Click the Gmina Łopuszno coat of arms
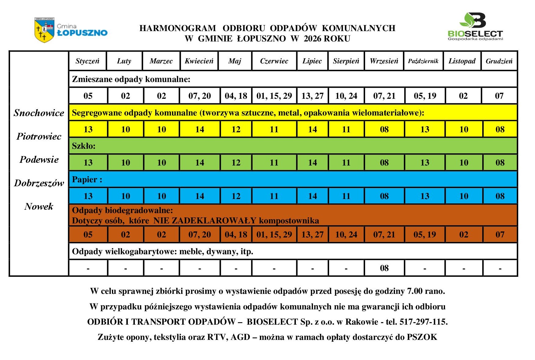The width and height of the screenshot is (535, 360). coord(44,30)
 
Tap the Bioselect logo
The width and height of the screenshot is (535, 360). coord(475,27)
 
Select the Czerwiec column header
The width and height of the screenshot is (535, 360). coord(274,61)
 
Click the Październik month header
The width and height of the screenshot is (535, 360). coord(423,61)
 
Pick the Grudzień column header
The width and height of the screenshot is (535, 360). coord(499,61)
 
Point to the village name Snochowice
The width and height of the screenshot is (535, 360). coord(39,113)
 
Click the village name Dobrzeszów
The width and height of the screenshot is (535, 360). coord(39,183)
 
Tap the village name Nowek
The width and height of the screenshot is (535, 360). coord(39,206)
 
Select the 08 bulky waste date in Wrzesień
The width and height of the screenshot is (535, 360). coord(384,268)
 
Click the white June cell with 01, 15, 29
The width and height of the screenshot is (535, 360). coord(274,96)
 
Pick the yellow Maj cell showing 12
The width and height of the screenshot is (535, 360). coord(236,129)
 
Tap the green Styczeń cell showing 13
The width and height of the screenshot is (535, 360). coord(88,162)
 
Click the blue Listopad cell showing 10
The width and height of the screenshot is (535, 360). coord(464,196)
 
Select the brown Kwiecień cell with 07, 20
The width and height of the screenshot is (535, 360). coord(199,234)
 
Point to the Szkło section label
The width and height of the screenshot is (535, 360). coord(84,146)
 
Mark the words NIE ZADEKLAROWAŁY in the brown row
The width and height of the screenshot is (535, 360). coord(205,220)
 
